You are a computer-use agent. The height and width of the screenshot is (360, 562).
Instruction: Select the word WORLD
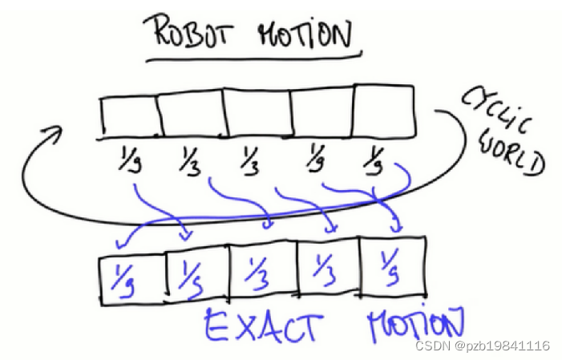511,153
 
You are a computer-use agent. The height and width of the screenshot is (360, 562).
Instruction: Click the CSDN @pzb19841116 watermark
482,346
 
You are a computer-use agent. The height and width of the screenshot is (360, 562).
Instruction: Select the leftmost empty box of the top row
129,117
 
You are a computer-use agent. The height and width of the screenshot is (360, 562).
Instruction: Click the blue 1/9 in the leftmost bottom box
126,277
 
